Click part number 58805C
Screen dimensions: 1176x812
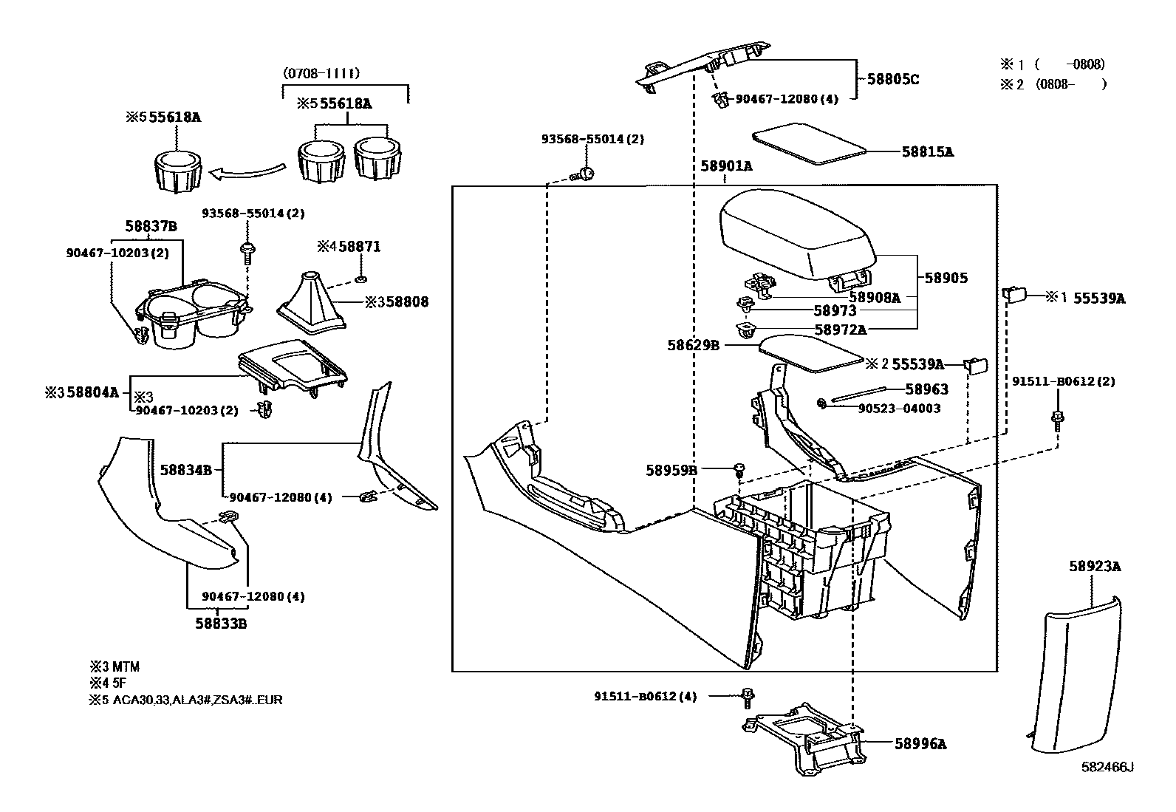pyautogui.click(x=892, y=79)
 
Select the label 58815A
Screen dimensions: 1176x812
pyautogui.click(x=928, y=151)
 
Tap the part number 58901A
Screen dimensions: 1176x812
pyautogui.click(x=727, y=166)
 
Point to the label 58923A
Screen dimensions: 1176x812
pyautogui.click(x=1095, y=566)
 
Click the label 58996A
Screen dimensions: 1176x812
pyautogui.click(x=921, y=744)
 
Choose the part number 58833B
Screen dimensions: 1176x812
pyautogui.click(x=221, y=624)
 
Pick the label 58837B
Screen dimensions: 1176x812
pyautogui.click(x=151, y=226)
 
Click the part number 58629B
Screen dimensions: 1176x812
pyautogui.click(x=694, y=345)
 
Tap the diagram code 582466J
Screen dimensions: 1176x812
pyautogui.click(x=1107, y=768)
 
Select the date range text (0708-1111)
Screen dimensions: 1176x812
pyautogui.click(x=321, y=73)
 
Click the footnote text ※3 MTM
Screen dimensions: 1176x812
pyautogui.click(x=114, y=667)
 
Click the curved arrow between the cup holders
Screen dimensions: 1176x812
pyautogui.click(x=247, y=171)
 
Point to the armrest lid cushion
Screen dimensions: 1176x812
pyautogui.click(x=798, y=235)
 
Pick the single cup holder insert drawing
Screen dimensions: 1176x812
pyautogui.click(x=178, y=170)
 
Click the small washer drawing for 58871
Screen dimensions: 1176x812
pyautogui.click(x=360, y=278)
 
